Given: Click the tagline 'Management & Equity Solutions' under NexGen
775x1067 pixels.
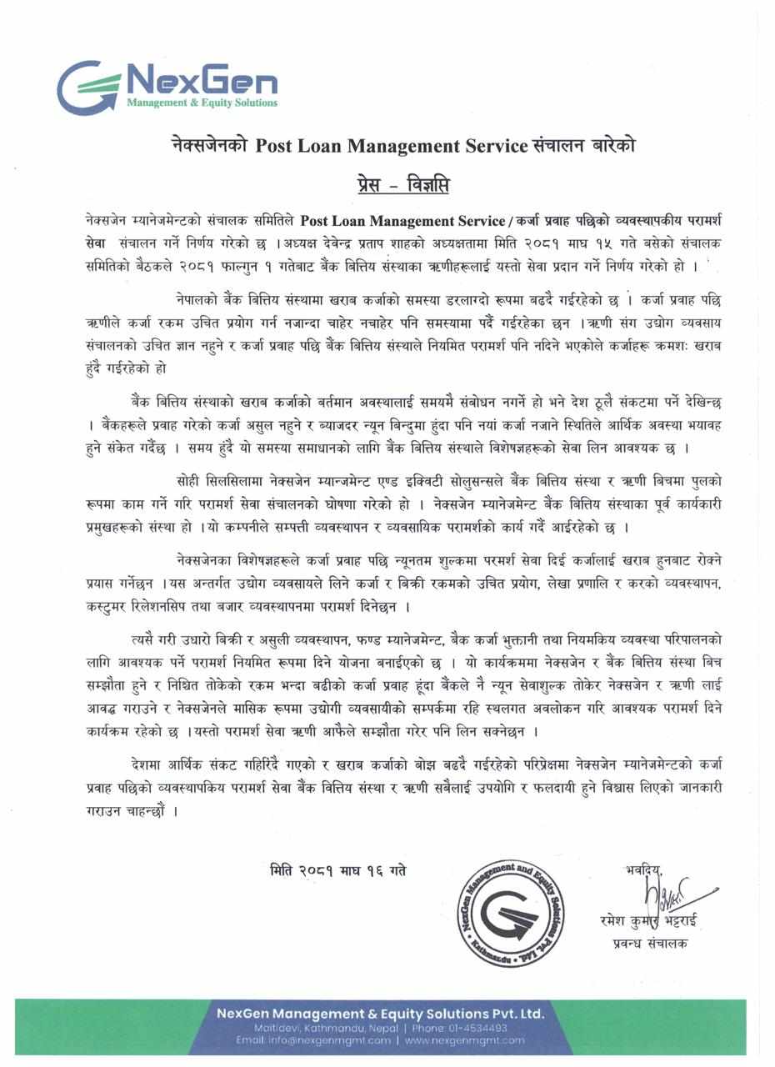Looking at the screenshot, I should pos(202,103).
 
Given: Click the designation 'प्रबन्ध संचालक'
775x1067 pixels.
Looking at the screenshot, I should pos(647,944).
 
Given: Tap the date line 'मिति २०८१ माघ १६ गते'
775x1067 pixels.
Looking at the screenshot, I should pos(338,870).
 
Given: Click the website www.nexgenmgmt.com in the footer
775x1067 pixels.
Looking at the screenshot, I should pos(466,1040).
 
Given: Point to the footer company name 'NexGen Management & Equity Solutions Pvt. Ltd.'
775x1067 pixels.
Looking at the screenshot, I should pos(380,1014).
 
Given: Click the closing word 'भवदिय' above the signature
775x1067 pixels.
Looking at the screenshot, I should pos(642,871).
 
